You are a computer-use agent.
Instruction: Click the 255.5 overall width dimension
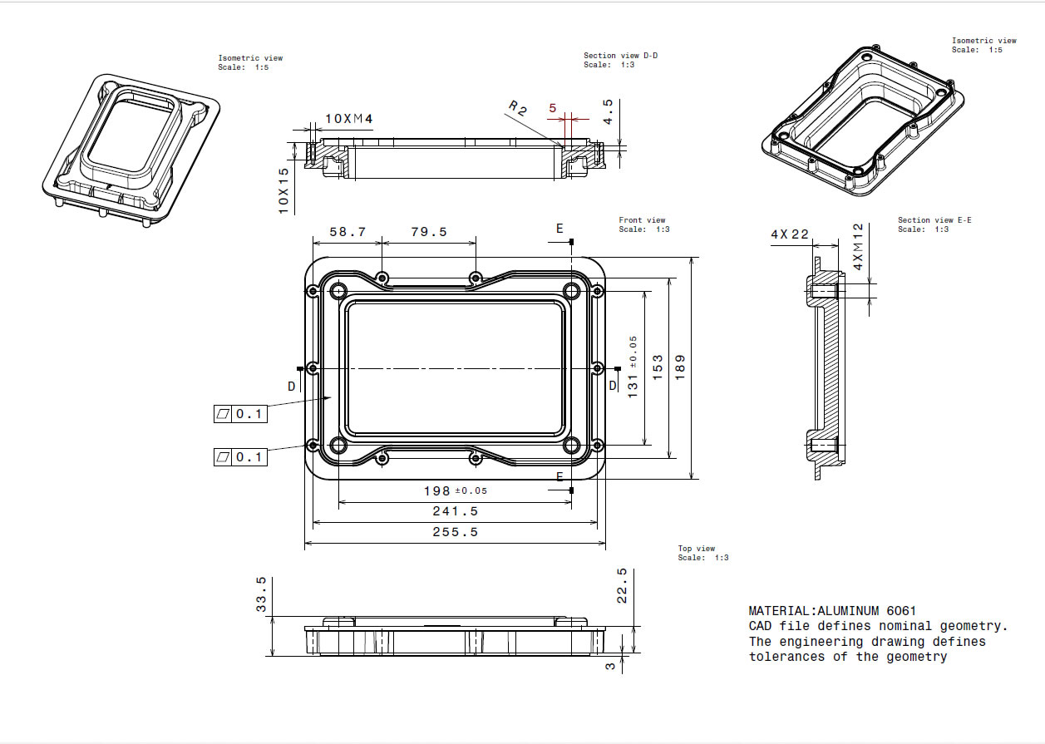click(455, 532)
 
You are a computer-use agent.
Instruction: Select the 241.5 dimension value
click(455, 511)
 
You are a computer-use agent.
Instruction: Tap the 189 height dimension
click(679, 367)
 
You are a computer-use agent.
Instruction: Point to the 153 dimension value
click(657, 367)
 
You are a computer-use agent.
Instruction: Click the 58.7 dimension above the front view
click(348, 232)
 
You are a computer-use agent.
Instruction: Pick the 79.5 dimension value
click(428, 232)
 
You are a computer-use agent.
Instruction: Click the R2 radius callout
click(518, 108)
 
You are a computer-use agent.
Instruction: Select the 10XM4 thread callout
click(348, 119)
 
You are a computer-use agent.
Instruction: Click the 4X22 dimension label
click(790, 234)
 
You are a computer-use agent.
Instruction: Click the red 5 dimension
click(551, 108)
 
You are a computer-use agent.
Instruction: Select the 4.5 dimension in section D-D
click(608, 111)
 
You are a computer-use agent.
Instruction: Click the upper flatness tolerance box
click(240, 413)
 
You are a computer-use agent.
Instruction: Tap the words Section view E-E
click(934, 220)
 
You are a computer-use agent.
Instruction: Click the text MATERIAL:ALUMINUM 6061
click(832, 611)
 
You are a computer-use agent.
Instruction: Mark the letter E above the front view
click(559, 228)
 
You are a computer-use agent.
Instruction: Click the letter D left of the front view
click(291, 386)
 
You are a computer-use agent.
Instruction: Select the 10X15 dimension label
click(283, 190)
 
